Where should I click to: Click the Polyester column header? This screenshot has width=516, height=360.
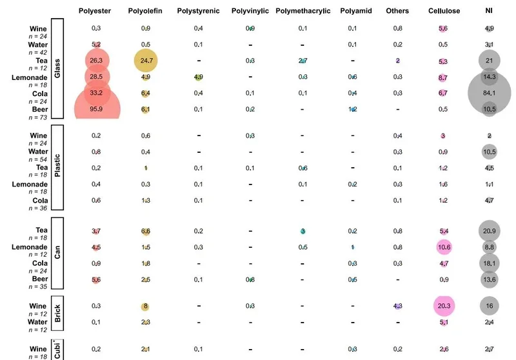[x=95, y=12]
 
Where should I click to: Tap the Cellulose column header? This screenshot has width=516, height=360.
[x=443, y=12]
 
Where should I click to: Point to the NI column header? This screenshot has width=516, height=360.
[x=490, y=12]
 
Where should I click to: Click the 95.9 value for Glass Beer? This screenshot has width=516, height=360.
[x=96, y=109]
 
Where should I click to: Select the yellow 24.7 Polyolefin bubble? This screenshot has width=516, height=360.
[x=146, y=61]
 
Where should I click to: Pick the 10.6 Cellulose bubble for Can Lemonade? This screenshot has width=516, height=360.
[x=443, y=247]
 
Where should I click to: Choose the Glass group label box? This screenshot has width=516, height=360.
[x=57, y=68]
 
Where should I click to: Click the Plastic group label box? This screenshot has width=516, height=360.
[x=57, y=167]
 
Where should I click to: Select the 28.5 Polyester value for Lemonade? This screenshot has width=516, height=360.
[x=96, y=77]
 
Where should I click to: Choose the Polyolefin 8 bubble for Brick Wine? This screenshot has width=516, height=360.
[x=146, y=306]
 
